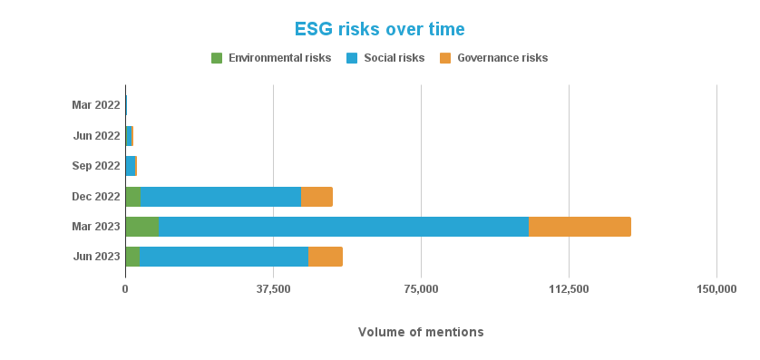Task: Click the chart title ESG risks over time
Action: click(x=379, y=29)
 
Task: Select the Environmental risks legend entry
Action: click(x=270, y=58)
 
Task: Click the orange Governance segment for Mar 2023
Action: click(x=580, y=227)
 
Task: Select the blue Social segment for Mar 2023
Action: click(x=344, y=227)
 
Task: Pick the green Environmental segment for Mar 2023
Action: click(x=142, y=227)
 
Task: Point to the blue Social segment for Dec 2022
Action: click(x=220, y=197)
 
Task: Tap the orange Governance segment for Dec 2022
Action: click(x=317, y=197)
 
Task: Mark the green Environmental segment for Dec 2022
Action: click(x=133, y=197)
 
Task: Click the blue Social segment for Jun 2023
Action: click(x=223, y=257)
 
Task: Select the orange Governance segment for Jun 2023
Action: click(x=325, y=257)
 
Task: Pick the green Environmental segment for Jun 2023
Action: click(x=132, y=257)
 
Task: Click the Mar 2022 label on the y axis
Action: click(x=96, y=105)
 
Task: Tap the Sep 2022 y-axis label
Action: click(x=96, y=166)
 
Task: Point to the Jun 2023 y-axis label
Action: click(x=96, y=257)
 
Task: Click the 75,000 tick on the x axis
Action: click(x=421, y=289)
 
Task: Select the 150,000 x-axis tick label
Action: click(x=716, y=289)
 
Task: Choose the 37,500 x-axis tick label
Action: click(x=273, y=289)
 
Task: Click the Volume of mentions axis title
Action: click(x=421, y=332)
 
